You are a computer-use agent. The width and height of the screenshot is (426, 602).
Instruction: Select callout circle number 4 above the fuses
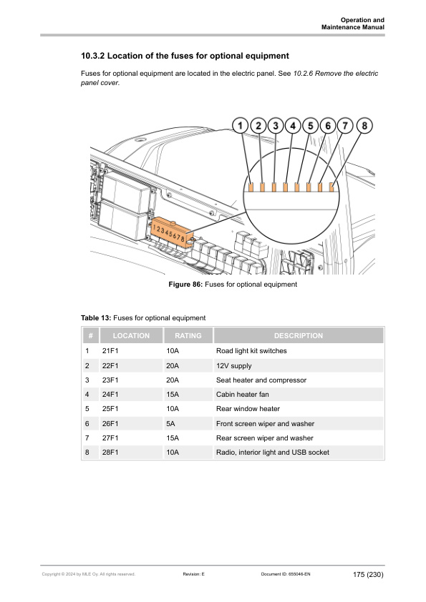pyautogui.click(x=294, y=125)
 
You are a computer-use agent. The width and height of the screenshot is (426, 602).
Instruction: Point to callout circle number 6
pyautogui.click(x=328, y=125)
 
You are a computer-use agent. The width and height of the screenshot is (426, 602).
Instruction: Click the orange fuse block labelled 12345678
pyautogui.click(x=170, y=233)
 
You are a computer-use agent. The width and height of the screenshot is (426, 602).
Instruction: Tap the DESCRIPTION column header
pyautogui.click(x=298, y=335)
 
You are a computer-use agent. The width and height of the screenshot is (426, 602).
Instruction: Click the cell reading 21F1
pyautogui.click(x=110, y=351)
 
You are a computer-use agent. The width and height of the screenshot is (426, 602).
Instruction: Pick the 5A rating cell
pyautogui.click(x=170, y=423)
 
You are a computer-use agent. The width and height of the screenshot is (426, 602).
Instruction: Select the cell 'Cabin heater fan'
pyautogui.click(x=243, y=394)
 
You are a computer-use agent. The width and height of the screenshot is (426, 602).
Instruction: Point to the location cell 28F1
pyautogui.click(x=110, y=453)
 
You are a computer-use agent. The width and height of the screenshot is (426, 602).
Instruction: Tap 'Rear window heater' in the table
pyautogui.click(x=248, y=409)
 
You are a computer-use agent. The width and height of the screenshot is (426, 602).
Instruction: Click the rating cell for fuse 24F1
pyautogui.click(x=172, y=394)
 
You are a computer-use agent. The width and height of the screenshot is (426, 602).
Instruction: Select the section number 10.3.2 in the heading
pyautogui.click(x=97, y=55)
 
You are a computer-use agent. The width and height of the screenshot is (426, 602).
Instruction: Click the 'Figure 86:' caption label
pyautogui.click(x=185, y=285)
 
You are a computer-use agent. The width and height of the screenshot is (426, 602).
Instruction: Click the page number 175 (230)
pyautogui.click(x=368, y=574)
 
